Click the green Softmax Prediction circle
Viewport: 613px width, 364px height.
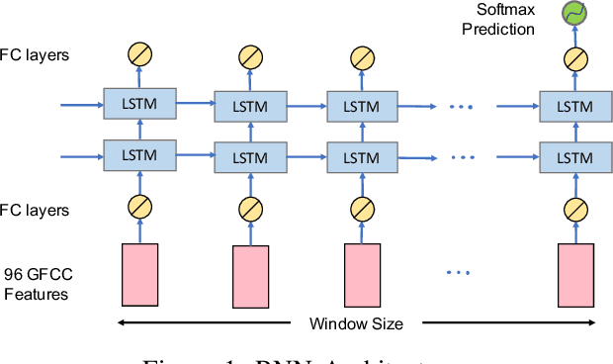[x=572, y=13]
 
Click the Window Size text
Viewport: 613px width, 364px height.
[x=356, y=323]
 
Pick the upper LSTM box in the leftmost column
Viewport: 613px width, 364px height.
[x=138, y=101]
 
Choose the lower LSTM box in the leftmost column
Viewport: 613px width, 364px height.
[x=138, y=155]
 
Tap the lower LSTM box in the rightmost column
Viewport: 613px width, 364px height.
[x=573, y=156]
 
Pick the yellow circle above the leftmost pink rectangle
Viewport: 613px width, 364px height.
[x=138, y=208]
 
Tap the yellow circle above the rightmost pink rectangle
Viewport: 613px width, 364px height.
[x=573, y=210]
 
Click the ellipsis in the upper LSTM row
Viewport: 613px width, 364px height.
[x=462, y=105]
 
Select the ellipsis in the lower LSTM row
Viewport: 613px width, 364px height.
[x=462, y=156]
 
